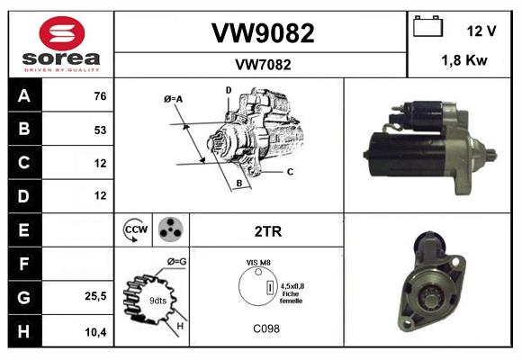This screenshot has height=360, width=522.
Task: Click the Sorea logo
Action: coord(61,44)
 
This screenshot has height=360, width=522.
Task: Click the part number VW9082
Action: coord(262,33)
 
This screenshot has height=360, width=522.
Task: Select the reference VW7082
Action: coord(262,65)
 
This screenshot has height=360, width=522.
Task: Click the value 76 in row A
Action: coord(99,96)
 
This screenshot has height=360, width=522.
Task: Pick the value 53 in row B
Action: coord(99,130)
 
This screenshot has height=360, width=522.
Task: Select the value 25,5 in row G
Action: coord(96,295)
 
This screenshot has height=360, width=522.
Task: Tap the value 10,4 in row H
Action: coord(96,330)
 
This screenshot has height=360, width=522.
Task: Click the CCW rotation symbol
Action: coord(137,229)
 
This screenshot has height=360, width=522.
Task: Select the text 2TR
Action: coord(268,231)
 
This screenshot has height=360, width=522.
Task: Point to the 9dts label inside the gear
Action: coord(157,300)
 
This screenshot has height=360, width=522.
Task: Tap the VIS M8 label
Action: coord(258,262)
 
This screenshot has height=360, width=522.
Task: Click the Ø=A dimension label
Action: coord(174,98)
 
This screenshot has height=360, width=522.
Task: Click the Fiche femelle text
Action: coord(291,297)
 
